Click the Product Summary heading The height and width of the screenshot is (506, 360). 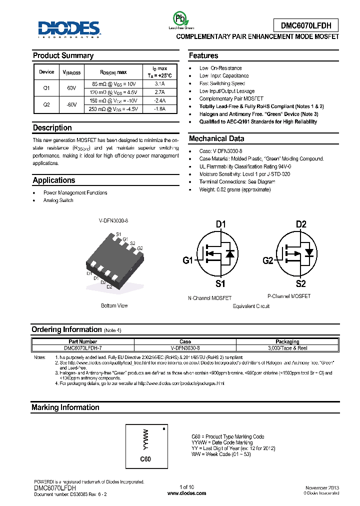(63, 55)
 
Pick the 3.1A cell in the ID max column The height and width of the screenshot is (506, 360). (159, 84)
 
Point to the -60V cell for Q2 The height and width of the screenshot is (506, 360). (71, 104)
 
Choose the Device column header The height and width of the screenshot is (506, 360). (46, 72)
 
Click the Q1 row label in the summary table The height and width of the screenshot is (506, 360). (46, 88)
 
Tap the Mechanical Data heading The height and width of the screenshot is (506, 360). (216, 138)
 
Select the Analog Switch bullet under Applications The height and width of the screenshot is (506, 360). (58, 200)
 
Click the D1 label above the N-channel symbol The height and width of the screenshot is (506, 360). (221, 224)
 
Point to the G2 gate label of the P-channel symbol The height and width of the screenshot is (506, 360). (268, 260)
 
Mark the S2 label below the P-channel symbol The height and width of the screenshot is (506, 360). (300, 284)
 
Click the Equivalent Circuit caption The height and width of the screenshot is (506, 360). (251, 306)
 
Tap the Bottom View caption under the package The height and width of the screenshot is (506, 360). (114, 305)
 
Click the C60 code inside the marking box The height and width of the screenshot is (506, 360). (145, 459)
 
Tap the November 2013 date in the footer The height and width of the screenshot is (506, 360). (322, 487)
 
